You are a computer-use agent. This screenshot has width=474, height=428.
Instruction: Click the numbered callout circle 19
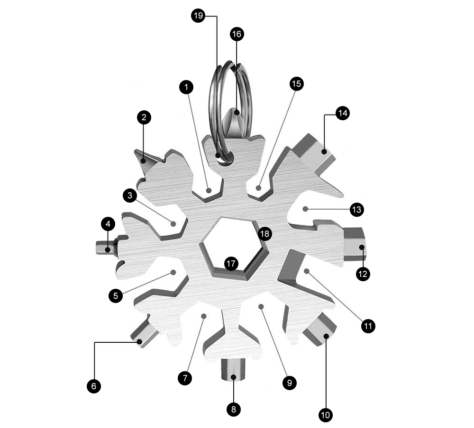198,16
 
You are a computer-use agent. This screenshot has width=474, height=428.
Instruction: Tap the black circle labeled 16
237,34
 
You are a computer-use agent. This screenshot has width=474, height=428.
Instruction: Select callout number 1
186,87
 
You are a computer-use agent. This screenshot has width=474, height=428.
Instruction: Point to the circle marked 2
144,117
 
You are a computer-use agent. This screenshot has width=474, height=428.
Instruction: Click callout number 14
343,113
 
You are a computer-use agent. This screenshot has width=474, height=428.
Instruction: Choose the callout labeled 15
297,84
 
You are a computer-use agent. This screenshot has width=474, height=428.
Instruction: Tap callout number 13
357,209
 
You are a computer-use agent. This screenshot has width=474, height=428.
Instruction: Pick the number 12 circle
363,274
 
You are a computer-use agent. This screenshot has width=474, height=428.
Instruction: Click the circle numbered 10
326,415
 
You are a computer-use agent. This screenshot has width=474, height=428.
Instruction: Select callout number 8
233,409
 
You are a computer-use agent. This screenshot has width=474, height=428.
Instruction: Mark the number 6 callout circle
94,386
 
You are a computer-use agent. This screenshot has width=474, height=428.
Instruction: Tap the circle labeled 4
108,224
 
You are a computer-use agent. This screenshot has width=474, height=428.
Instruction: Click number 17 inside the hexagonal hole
231,263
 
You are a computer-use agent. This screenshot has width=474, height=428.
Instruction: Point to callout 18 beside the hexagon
264,233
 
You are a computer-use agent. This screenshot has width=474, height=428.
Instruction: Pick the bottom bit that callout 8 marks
233,370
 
